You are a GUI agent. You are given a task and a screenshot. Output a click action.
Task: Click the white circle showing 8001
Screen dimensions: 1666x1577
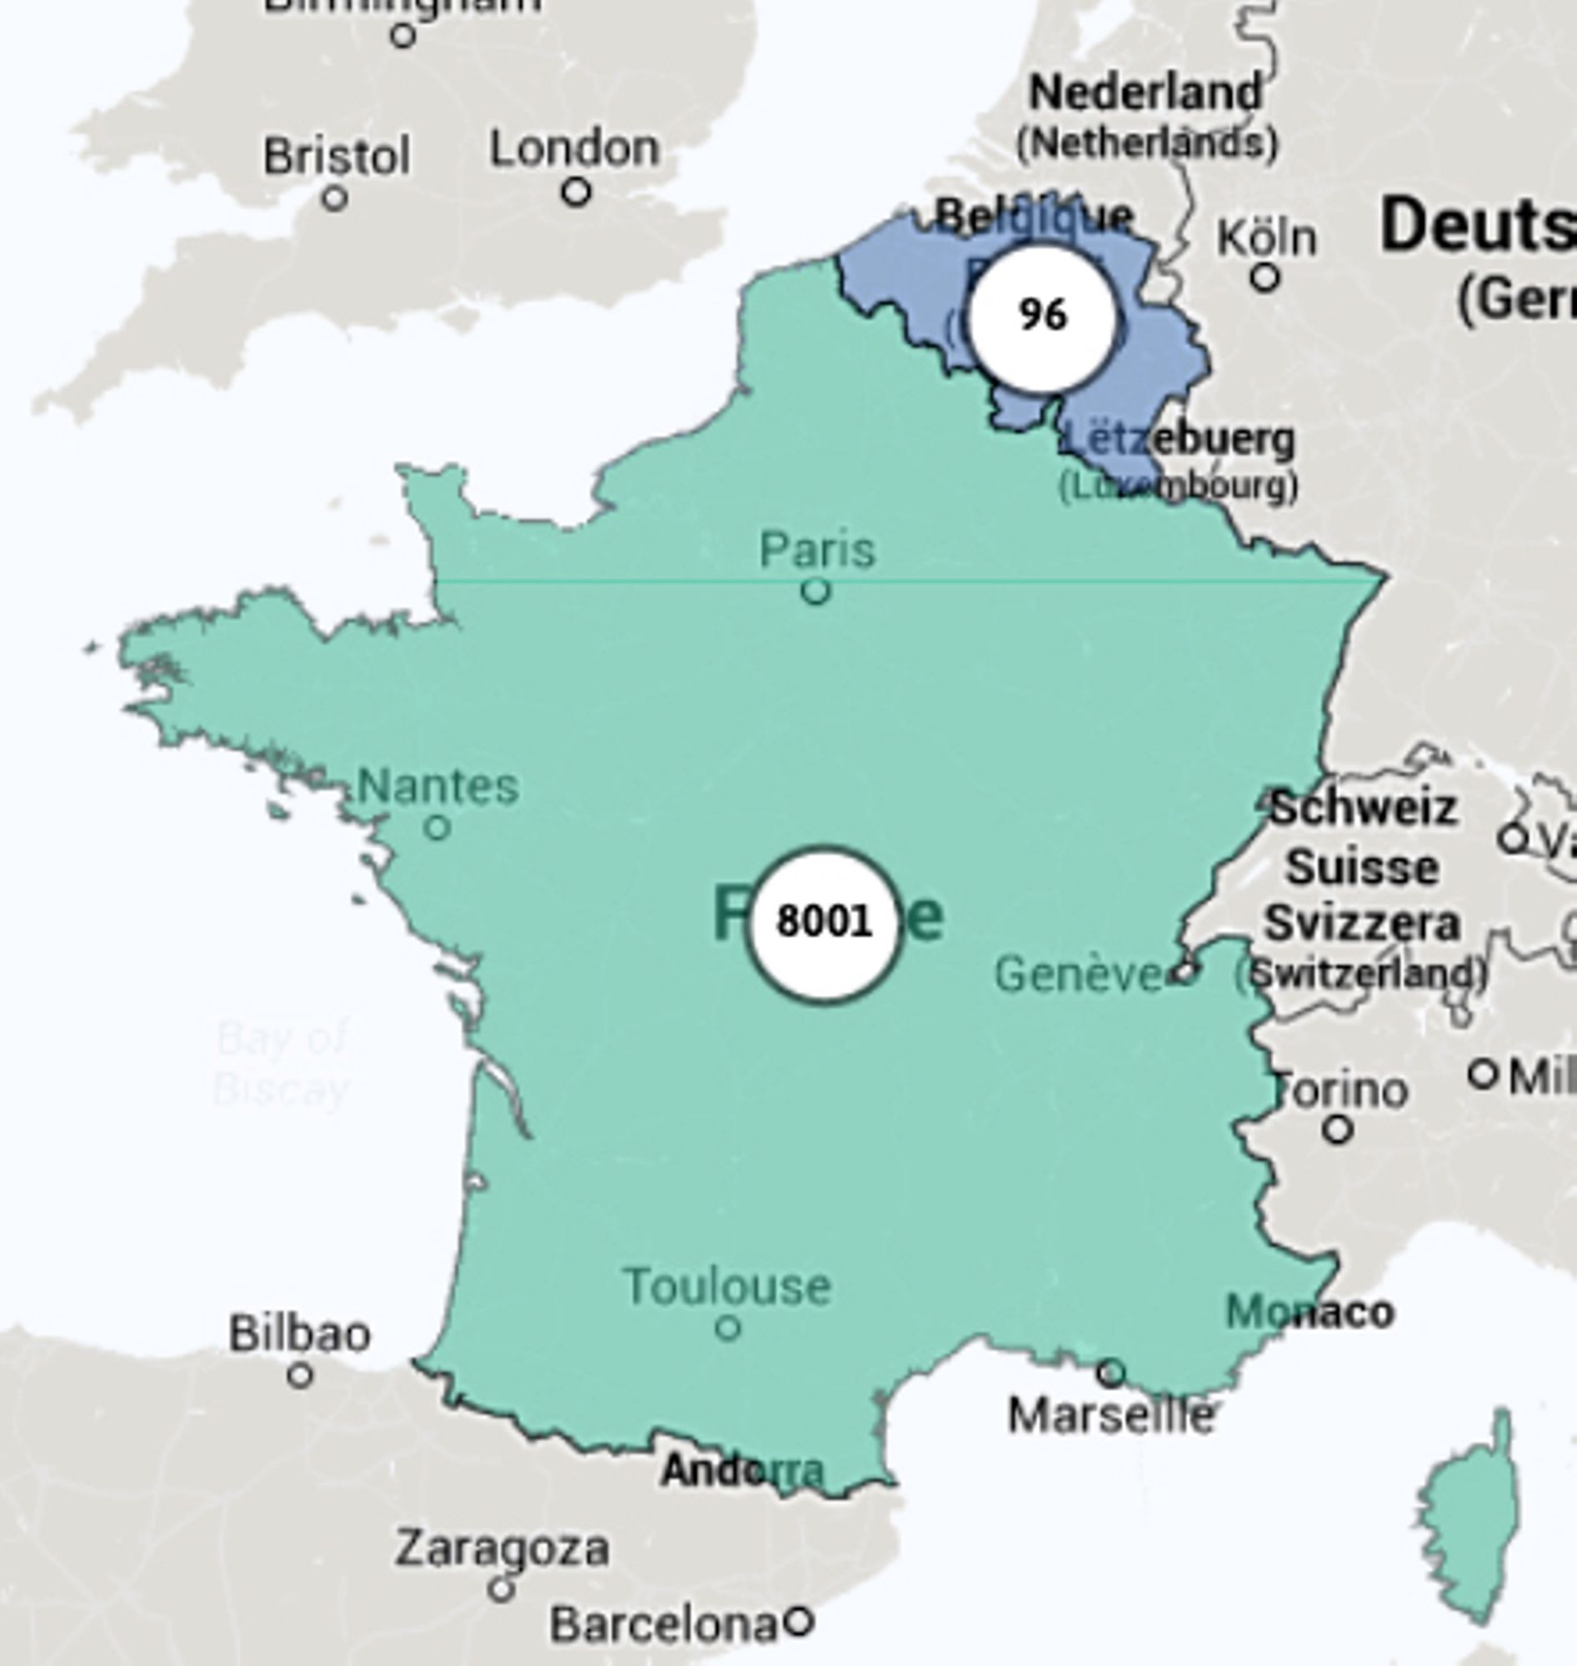coord(823,923)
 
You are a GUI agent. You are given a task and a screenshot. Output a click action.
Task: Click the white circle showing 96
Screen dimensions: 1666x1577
coord(1042,317)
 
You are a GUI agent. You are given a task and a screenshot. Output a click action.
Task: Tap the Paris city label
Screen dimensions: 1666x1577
coord(817,551)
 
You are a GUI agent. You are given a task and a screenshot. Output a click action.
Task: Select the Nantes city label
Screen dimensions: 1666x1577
coord(438,787)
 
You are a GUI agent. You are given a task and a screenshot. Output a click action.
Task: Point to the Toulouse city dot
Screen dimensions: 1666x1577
coord(728,1328)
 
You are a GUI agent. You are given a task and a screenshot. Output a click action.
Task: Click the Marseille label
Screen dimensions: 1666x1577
coord(1110,1416)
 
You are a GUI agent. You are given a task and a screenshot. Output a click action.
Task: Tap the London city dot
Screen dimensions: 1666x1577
coord(576,192)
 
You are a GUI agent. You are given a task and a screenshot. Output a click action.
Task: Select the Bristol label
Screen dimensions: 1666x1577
coord(337,157)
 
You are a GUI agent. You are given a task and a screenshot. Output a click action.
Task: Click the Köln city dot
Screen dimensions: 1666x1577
coord(1265,277)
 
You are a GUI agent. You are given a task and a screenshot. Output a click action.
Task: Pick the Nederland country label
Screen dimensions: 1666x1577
coord(1145,92)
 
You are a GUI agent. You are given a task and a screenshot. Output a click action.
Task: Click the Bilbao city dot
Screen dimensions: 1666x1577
coord(300,1376)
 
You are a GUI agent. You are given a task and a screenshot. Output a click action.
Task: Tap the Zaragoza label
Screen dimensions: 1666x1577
coord(502,1549)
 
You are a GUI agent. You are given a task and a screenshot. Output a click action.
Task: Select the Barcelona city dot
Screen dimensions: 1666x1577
coord(798,1620)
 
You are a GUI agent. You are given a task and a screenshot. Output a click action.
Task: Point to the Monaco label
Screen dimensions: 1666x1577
coord(1310,1312)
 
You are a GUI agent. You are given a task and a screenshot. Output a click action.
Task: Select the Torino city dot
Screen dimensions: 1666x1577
coord(1337,1130)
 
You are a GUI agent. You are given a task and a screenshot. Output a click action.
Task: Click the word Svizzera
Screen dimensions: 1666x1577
coord(1362,924)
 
